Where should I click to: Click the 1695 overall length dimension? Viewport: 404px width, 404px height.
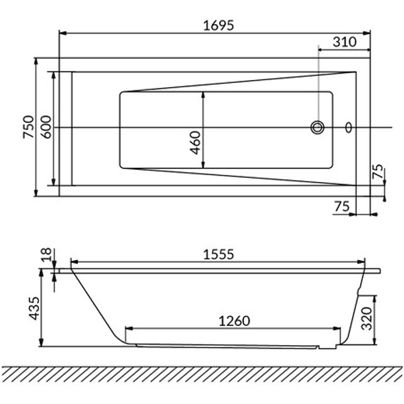tap(218, 26)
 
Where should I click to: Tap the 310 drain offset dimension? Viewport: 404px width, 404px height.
tap(344, 42)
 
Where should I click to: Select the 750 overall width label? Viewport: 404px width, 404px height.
tap(28, 127)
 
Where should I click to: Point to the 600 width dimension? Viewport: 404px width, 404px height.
tap(46, 127)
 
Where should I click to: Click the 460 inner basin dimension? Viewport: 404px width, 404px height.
tap(196, 142)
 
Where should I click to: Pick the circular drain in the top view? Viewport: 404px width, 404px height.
tap(318, 128)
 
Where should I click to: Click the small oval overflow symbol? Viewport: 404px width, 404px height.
tap(348, 128)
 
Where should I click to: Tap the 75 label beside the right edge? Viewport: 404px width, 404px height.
tap(378, 171)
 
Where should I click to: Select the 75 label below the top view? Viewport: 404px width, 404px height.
tap(342, 206)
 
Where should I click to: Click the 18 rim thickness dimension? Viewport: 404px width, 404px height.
tap(47, 254)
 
